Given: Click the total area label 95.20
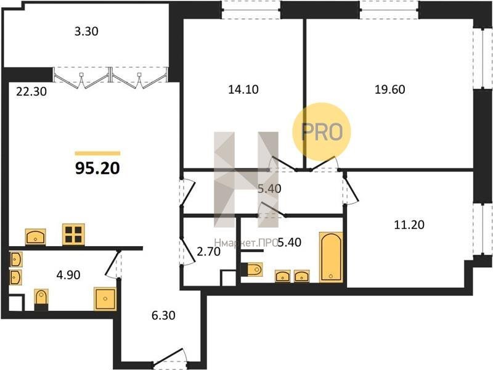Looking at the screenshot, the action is [x=97, y=168].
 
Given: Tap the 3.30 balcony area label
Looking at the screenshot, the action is [x=86, y=31].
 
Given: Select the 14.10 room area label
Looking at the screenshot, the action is [x=243, y=89].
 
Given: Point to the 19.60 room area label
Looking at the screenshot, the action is [x=389, y=89].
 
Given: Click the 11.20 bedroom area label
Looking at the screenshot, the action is [x=409, y=224].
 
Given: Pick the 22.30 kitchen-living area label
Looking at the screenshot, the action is [x=31, y=91].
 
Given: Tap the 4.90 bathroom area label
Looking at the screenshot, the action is [x=68, y=275].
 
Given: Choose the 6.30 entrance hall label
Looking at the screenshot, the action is [x=163, y=315].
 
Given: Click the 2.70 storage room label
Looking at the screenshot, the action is [x=208, y=252].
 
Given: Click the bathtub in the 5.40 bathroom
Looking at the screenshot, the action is [x=331, y=257].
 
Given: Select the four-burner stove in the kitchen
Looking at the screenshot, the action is [x=73, y=234].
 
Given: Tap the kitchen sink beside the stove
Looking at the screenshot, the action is [x=35, y=237].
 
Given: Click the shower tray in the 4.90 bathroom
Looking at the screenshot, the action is [x=105, y=298].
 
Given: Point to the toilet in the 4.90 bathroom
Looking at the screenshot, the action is [x=41, y=300].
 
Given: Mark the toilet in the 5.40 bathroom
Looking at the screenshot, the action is [x=251, y=269].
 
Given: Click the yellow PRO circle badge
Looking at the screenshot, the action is [x=321, y=131].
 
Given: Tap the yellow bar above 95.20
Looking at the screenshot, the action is [x=97, y=154].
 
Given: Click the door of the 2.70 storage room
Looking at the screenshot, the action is [x=187, y=252].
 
